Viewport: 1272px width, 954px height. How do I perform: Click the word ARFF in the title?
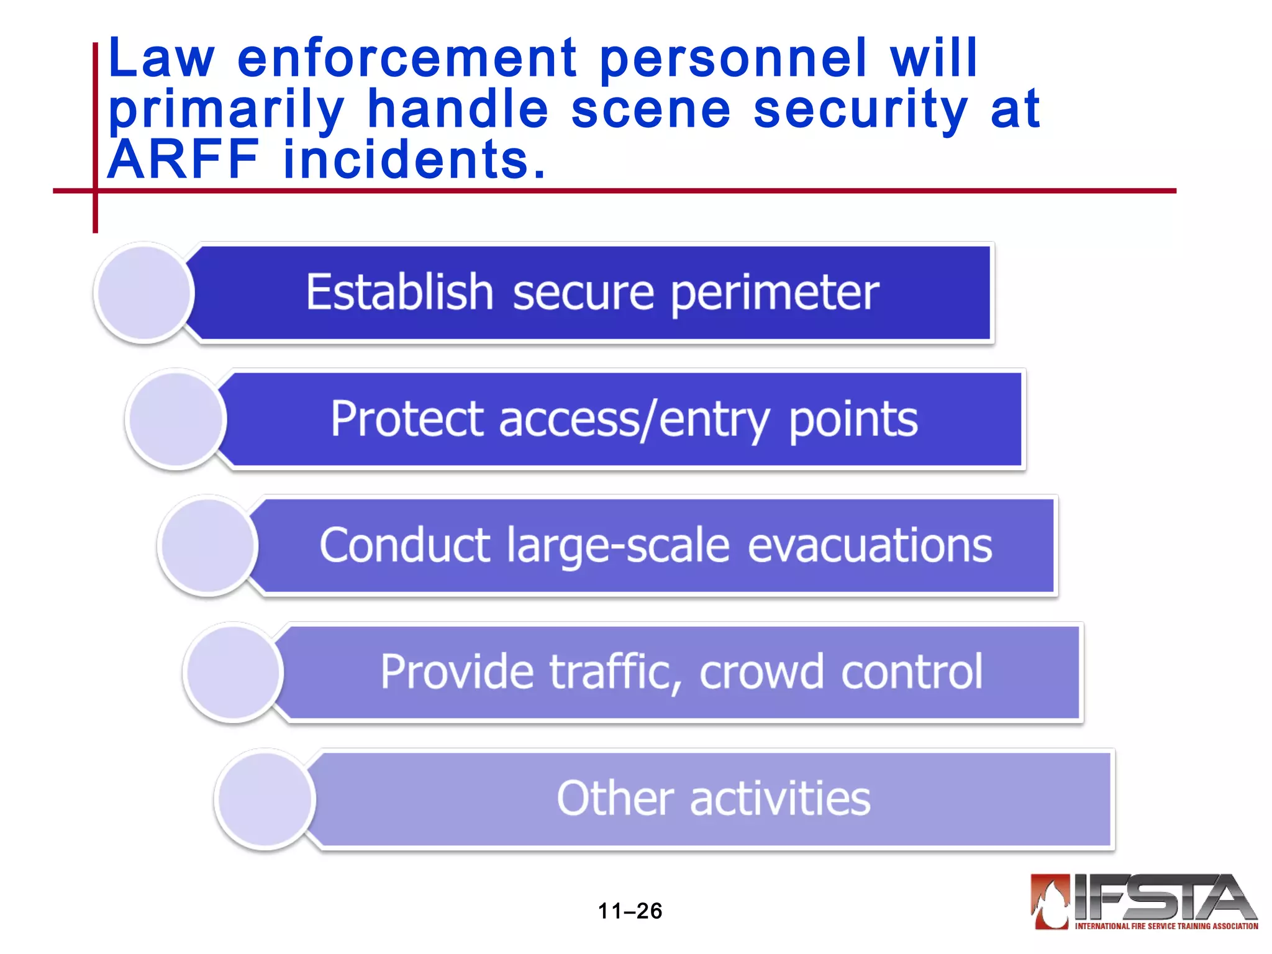point(183,160)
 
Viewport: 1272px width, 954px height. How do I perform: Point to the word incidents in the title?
point(414,160)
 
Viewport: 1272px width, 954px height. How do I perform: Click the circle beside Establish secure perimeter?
point(144,293)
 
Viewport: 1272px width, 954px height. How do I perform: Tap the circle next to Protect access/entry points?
point(176,419)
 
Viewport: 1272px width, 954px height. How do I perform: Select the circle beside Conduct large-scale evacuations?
point(208,545)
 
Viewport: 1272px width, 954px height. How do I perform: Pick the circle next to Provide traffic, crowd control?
point(234,672)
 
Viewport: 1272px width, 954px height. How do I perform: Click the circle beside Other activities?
point(265,799)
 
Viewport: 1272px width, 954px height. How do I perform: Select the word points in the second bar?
point(853,420)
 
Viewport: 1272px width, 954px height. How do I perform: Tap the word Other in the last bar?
point(615,799)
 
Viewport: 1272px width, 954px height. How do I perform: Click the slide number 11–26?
point(630,911)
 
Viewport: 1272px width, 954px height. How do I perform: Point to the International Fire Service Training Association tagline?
point(1166,926)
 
